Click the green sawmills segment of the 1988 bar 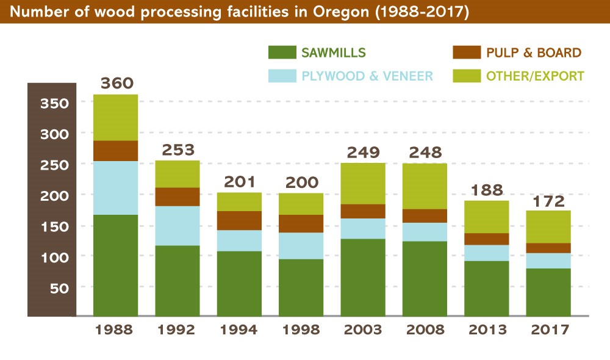[x=115, y=265]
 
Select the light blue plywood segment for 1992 [x=178, y=226]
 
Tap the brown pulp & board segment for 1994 [x=240, y=220]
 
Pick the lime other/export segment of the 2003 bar [x=363, y=184]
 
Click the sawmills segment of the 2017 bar [x=549, y=292]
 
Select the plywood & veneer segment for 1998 [x=302, y=246]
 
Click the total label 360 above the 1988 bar [x=115, y=83]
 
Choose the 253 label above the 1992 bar [x=178, y=149]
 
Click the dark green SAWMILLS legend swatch [x=281, y=52]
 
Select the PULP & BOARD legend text [x=534, y=52]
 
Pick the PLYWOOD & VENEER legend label [x=367, y=76]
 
